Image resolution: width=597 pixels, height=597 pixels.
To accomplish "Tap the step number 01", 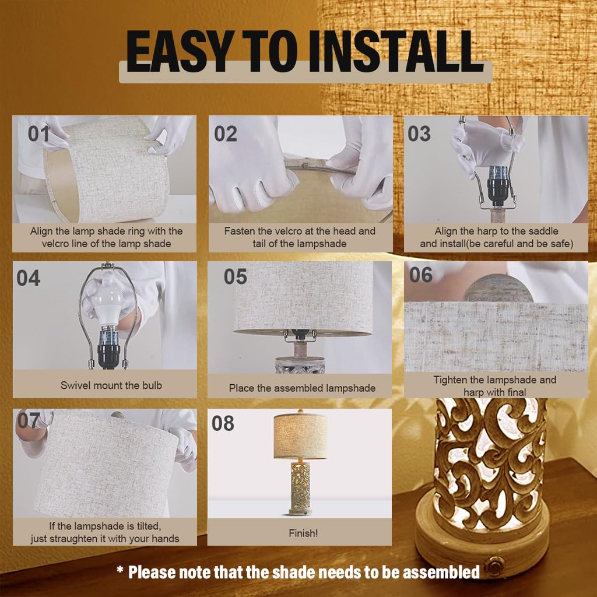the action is tap(38, 134).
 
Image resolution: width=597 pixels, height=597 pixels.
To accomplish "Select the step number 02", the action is tap(226, 134).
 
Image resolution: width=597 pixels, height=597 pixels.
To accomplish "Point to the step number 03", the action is tap(419, 134).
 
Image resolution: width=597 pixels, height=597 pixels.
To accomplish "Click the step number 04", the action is tap(28, 278).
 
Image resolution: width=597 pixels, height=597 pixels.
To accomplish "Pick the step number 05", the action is tap(236, 276).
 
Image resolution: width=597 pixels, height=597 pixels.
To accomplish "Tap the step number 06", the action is tap(421, 275).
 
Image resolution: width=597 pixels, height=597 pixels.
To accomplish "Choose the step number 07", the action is tap(29, 421).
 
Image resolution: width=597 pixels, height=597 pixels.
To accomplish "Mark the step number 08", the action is tap(223, 423).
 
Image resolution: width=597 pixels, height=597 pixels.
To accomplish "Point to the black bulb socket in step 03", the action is tap(498, 185).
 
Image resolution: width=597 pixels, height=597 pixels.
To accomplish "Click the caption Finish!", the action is tap(303, 533).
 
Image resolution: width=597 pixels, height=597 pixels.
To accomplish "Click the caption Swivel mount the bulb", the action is tap(111, 385).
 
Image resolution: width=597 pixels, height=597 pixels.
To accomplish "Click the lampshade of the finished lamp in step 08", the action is tap(300, 436).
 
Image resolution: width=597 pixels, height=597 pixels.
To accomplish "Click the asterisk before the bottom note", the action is tap(120, 570).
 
